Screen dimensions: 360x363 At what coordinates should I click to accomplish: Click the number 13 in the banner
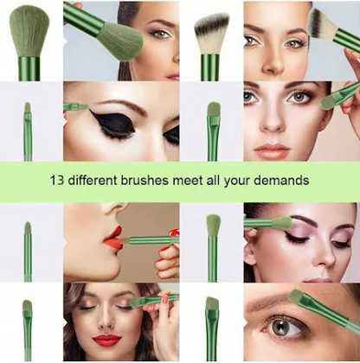[x=56, y=181]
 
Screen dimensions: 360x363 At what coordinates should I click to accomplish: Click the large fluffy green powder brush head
[x=29, y=33]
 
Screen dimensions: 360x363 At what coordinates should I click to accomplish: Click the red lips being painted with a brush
[x=113, y=238]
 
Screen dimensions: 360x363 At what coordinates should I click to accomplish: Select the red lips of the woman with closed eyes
[x=106, y=341]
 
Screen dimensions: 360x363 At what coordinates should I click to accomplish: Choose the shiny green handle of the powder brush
[x=29, y=68]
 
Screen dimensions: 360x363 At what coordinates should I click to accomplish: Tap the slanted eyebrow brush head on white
[x=212, y=302]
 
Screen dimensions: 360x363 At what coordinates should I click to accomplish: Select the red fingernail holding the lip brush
[x=173, y=232]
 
